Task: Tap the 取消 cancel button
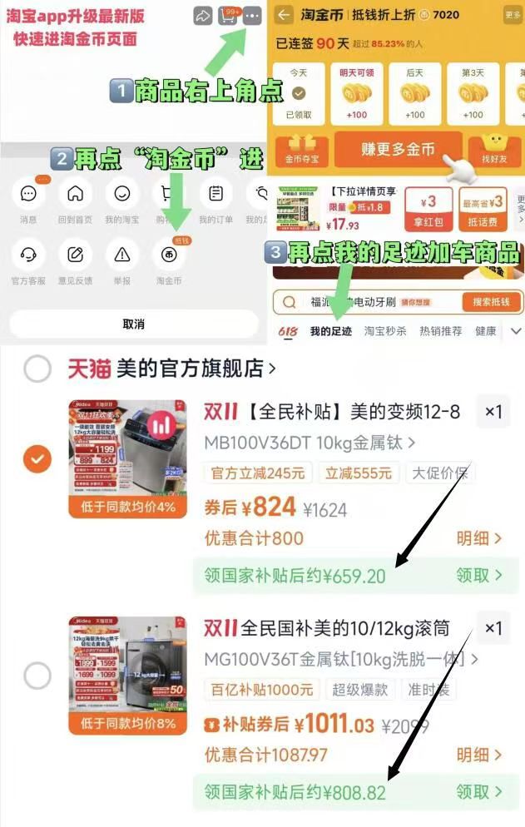click(x=133, y=324)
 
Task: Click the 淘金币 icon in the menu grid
click(x=169, y=254)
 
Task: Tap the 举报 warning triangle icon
click(x=122, y=254)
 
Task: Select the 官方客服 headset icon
click(x=28, y=254)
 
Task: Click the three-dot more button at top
click(x=253, y=15)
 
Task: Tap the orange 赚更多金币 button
click(x=398, y=149)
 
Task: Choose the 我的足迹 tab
click(x=331, y=331)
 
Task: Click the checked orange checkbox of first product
click(x=37, y=458)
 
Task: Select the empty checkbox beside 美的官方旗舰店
click(x=37, y=369)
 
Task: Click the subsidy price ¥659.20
click(x=354, y=576)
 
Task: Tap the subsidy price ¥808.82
click(x=354, y=791)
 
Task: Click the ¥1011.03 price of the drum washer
click(x=341, y=723)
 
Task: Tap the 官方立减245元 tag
click(x=258, y=473)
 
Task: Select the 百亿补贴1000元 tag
click(x=262, y=689)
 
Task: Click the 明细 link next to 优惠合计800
click(x=479, y=538)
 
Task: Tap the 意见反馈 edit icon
click(x=76, y=254)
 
